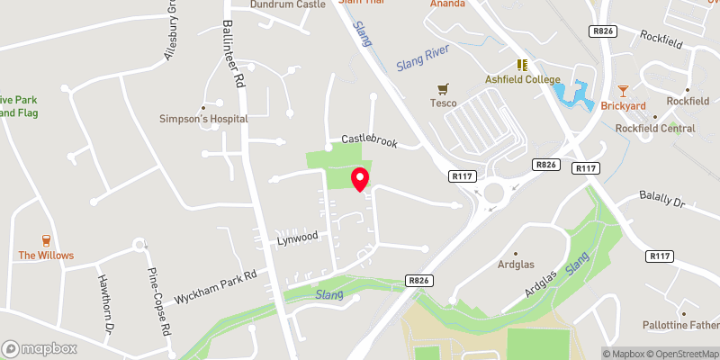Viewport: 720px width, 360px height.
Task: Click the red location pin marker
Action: click(360, 179)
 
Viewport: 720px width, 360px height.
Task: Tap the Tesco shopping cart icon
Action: click(443, 89)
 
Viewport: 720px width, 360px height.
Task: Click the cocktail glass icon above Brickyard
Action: click(623, 90)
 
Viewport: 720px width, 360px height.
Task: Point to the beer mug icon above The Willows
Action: click(45, 240)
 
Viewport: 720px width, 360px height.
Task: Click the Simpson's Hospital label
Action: click(202, 119)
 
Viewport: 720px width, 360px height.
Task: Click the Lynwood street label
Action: click(298, 237)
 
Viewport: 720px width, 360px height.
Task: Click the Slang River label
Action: click(422, 62)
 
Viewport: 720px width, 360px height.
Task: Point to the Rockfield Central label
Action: click(655, 129)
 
